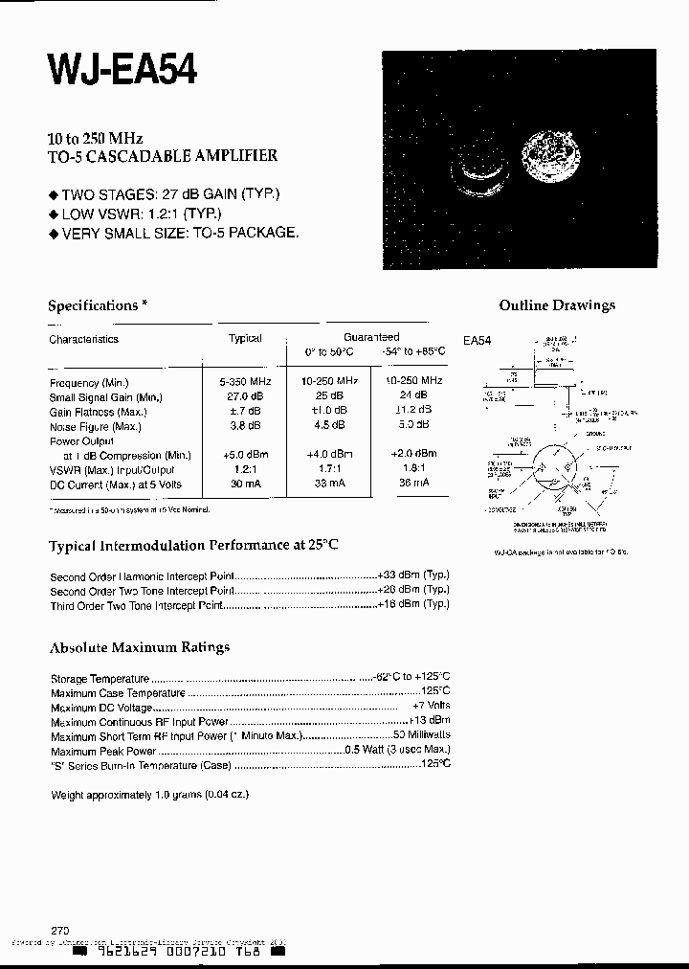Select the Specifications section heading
[98, 305]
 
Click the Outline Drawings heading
[557, 305]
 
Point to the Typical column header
[245, 339]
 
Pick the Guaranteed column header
[371, 337]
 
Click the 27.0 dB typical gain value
[245, 396]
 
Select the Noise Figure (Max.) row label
[96, 427]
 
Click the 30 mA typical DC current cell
[245, 484]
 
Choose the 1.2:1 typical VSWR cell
[245, 470]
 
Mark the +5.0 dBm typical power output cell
[245, 456]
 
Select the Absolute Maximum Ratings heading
[140, 647]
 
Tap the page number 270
[60, 930]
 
